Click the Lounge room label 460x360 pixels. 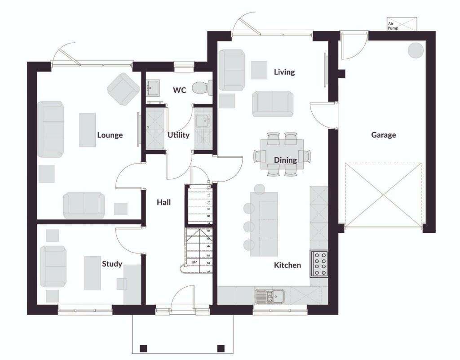110,135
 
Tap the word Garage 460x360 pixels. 383,134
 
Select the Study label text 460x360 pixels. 112,264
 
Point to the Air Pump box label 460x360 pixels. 393,25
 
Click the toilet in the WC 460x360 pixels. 202,87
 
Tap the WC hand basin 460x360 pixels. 153,87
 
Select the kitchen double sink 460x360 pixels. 269,296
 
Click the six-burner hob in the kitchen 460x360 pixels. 318,263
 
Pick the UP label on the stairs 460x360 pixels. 195,262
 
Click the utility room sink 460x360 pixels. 203,120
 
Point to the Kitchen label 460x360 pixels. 287,265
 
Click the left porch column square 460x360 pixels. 143,348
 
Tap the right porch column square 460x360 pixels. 221,348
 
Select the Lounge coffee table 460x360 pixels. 88,130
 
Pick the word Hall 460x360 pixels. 164,202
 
